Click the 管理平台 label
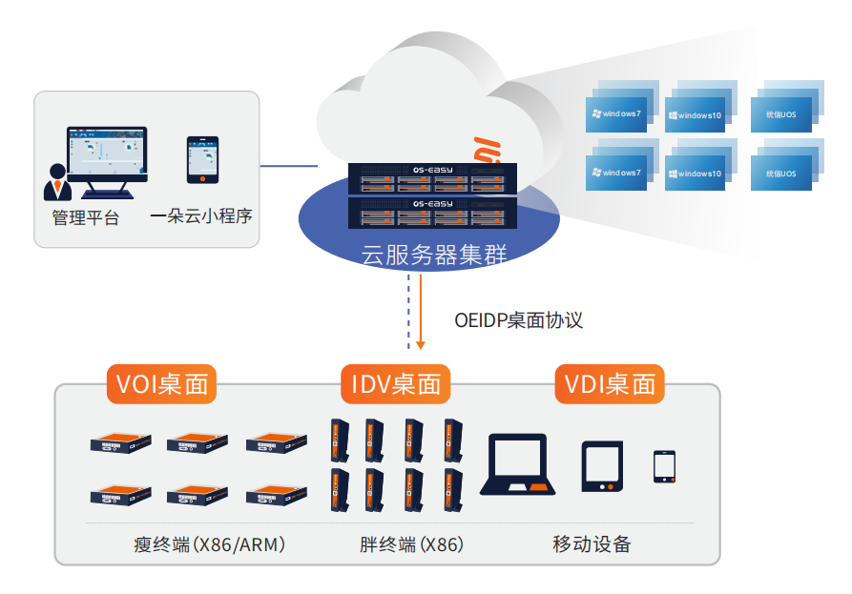pos(86,217)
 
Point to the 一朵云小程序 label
pos(201,217)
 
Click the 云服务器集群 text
pos(433,255)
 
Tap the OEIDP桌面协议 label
pos(519,320)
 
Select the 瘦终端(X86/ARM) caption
pos(211,545)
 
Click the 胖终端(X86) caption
pos(411,545)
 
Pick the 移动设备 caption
pos(592,545)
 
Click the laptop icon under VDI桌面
pos(521,465)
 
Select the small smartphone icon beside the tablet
pos(665,466)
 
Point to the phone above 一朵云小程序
pos(202,160)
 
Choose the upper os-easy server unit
pos(432,178)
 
